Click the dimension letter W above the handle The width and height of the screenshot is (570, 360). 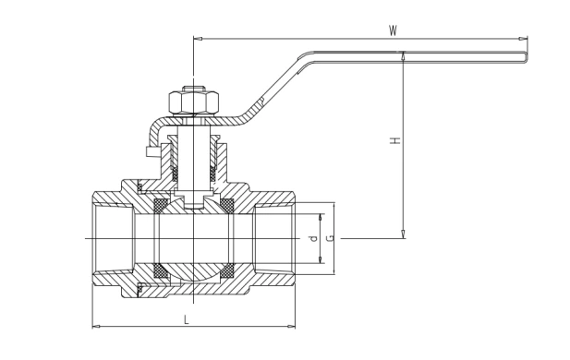point(393,30)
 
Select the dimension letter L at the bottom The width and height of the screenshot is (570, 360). point(187,320)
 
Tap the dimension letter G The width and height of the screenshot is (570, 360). point(331,238)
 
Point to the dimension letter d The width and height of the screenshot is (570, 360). point(314,239)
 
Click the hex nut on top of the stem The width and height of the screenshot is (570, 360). point(194,102)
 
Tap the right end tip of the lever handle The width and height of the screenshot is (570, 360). point(528,57)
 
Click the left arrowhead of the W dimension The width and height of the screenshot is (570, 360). point(198,39)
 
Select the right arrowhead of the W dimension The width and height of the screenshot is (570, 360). point(523,39)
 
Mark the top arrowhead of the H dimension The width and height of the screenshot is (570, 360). point(403,55)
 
